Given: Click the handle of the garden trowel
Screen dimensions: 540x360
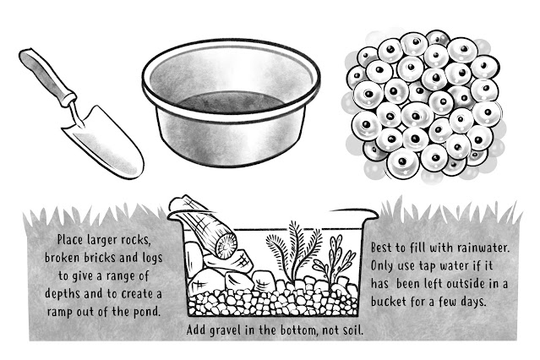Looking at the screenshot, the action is pyautogui.click(x=47, y=77).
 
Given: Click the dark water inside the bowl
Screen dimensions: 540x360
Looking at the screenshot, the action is pyautogui.click(x=231, y=102).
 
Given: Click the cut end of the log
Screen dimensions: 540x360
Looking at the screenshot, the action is pyautogui.click(x=225, y=246).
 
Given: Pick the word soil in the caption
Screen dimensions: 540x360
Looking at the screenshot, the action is pyautogui.click(x=353, y=330).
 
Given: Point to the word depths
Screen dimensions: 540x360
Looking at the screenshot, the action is pyautogui.click(x=63, y=294).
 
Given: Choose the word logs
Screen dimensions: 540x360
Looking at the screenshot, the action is pyautogui.click(x=152, y=258).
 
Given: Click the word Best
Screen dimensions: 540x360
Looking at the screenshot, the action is pyautogui.click(x=381, y=248).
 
